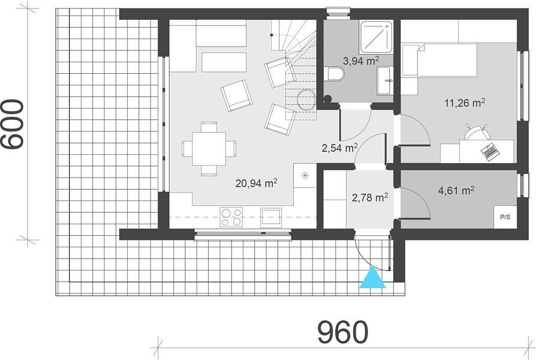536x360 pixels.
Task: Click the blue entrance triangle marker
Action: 372,278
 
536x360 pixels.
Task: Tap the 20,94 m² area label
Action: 256,183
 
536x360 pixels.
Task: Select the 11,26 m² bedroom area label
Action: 465,103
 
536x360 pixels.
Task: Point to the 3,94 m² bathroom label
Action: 361,61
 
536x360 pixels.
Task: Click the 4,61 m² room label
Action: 456,190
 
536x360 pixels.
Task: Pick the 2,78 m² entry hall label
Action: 370,197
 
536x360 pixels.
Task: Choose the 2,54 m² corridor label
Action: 339,148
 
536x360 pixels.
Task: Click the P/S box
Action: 505,217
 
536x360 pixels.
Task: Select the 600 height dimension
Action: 13,125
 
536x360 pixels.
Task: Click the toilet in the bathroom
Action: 336,74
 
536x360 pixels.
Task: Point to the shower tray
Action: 377,36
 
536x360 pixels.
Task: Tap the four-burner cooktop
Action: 231,217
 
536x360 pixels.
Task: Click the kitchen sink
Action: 271,218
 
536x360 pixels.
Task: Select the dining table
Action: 209,149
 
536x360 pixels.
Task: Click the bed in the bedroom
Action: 439,59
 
